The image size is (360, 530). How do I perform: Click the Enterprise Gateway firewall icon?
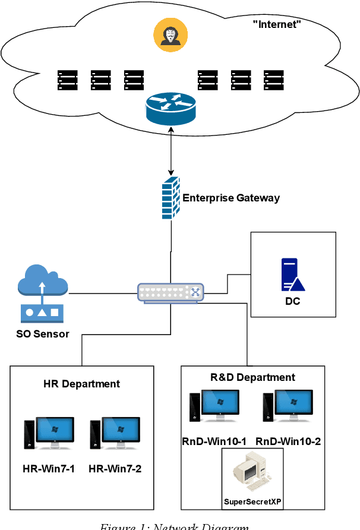click(170, 198)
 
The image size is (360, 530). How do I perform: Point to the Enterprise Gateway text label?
click(231, 198)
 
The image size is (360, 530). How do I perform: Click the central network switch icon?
click(170, 292)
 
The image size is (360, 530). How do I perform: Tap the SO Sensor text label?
click(43, 334)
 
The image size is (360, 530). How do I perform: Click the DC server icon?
click(293, 274)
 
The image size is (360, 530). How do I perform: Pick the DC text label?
click(292, 301)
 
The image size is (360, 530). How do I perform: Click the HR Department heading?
click(82, 384)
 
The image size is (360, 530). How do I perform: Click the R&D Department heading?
click(253, 377)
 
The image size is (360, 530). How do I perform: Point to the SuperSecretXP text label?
click(252, 502)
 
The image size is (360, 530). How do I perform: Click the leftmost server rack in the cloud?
click(67, 80)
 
